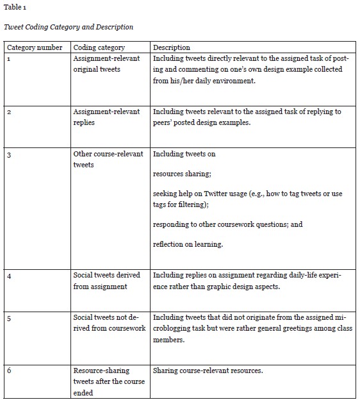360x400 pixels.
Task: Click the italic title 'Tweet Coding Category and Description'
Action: point(69,27)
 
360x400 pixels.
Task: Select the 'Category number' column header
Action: point(35,47)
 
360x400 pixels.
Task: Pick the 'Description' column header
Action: point(172,47)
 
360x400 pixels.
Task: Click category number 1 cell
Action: point(8,58)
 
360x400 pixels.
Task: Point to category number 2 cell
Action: point(8,112)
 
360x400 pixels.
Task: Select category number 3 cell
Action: point(8,154)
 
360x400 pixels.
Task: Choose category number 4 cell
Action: point(8,275)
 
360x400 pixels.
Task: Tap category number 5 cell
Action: point(8,317)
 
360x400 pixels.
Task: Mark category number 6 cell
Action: point(8,371)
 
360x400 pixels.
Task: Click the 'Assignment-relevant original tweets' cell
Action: point(106,63)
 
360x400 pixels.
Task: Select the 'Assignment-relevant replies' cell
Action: point(106,117)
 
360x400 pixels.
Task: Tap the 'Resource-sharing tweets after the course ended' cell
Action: point(109,381)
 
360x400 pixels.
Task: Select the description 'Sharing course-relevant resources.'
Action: point(209,371)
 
